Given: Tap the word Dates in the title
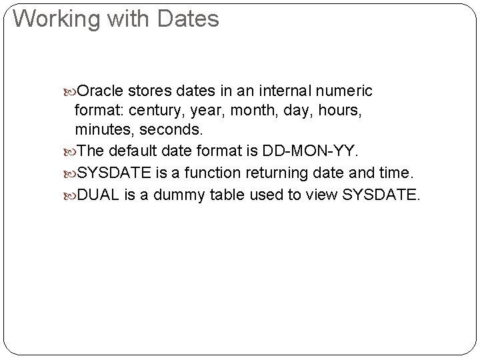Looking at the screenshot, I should (x=189, y=19).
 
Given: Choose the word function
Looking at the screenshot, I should (x=217, y=174).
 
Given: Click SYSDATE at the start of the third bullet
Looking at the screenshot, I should (x=114, y=174).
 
